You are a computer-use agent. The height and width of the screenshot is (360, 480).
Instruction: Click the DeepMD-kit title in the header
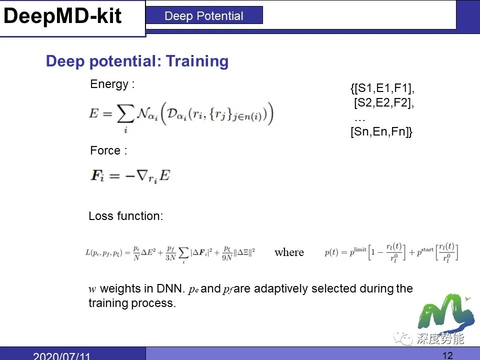pos(62,16)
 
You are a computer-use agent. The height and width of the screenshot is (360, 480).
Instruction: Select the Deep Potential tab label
pos(203,16)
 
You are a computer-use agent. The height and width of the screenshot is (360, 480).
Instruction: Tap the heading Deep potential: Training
pos(137,61)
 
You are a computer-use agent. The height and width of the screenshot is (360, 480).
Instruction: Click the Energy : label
pos(112,84)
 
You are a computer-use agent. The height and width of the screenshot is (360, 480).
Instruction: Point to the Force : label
pos(108,150)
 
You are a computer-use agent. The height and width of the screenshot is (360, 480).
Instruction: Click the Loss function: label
pos(125,216)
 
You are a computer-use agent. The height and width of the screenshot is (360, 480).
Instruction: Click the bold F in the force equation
pos(95,176)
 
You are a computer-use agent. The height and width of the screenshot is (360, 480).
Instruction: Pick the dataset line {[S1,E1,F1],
pos(382,89)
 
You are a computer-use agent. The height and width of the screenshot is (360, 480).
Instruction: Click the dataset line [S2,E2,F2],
pos(384,103)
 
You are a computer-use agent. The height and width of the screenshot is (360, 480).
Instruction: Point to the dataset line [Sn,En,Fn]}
pos(381,132)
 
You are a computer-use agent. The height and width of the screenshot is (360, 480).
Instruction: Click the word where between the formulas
pos(289,252)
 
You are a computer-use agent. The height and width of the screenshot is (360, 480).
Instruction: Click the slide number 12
pos(447,355)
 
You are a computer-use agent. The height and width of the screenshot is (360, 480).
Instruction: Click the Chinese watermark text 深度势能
pos(440,339)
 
